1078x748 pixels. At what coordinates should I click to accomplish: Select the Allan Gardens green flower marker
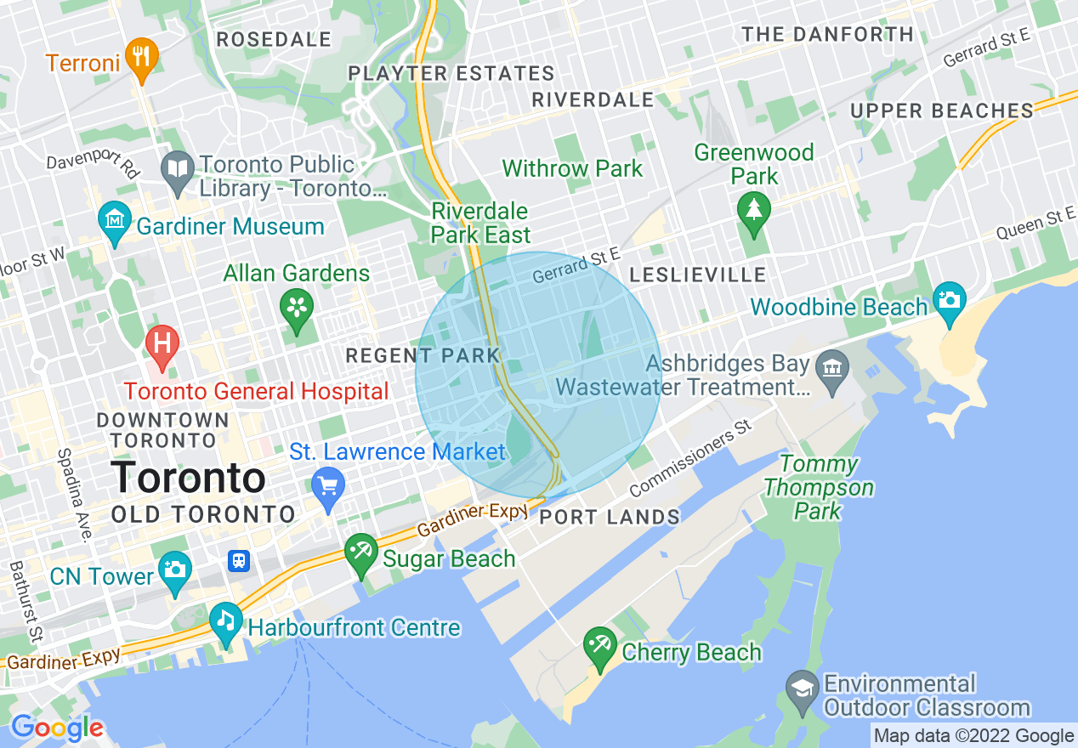pyautogui.click(x=297, y=309)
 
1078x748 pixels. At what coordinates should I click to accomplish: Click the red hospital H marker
pyautogui.click(x=162, y=344)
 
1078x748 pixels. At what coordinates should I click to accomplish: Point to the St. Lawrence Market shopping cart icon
pyautogui.click(x=328, y=487)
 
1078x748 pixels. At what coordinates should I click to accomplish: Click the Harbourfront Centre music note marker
pyautogui.click(x=225, y=620)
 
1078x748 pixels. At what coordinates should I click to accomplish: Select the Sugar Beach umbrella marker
pyautogui.click(x=360, y=552)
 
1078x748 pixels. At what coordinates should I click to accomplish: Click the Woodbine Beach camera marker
pyautogui.click(x=949, y=300)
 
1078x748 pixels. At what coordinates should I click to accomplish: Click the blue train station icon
pyautogui.click(x=239, y=561)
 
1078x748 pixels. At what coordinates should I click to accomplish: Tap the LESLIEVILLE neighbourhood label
pyautogui.click(x=698, y=275)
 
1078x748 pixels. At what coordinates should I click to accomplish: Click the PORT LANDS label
pyautogui.click(x=610, y=517)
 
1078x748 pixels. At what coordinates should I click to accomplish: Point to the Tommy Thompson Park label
pyautogui.click(x=819, y=487)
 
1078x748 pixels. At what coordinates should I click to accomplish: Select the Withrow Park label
pyautogui.click(x=572, y=168)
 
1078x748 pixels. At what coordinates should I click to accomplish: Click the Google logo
pyautogui.click(x=56, y=728)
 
